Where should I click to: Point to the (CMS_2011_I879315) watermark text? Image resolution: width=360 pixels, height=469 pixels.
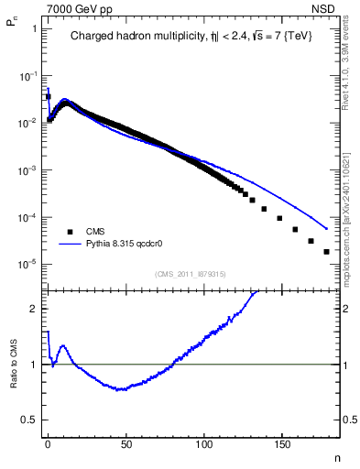(x=190, y=273)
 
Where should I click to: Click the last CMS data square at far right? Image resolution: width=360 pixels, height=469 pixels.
(x=326, y=251)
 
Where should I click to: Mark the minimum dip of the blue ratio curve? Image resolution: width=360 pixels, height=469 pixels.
(x=120, y=389)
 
